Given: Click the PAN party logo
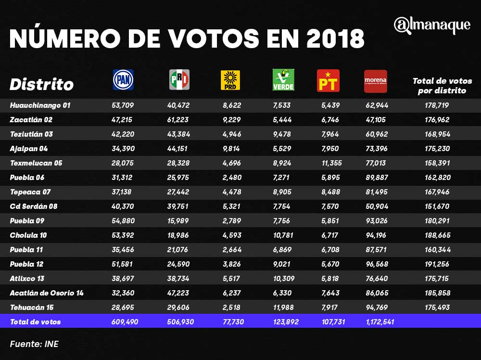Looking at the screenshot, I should (x=123, y=80).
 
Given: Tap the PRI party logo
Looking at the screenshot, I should (x=179, y=80).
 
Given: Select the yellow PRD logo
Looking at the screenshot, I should (x=230, y=80).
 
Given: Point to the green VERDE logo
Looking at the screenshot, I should (x=283, y=80).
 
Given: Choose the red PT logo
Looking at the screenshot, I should (x=328, y=80).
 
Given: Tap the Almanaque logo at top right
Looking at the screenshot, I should (x=431, y=26).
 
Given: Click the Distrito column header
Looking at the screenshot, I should (x=41, y=85).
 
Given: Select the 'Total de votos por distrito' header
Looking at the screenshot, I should (x=442, y=85).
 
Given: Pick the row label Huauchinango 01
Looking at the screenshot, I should (x=40, y=105).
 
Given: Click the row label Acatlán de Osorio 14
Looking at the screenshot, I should (x=46, y=293).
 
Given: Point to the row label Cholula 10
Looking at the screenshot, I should (x=28, y=235).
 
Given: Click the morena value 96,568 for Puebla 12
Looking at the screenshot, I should (x=376, y=264).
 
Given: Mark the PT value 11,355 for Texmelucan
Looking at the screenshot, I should (x=331, y=163).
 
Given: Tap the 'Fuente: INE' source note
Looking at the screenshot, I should (x=34, y=344).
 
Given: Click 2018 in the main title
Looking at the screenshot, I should (x=335, y=39).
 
